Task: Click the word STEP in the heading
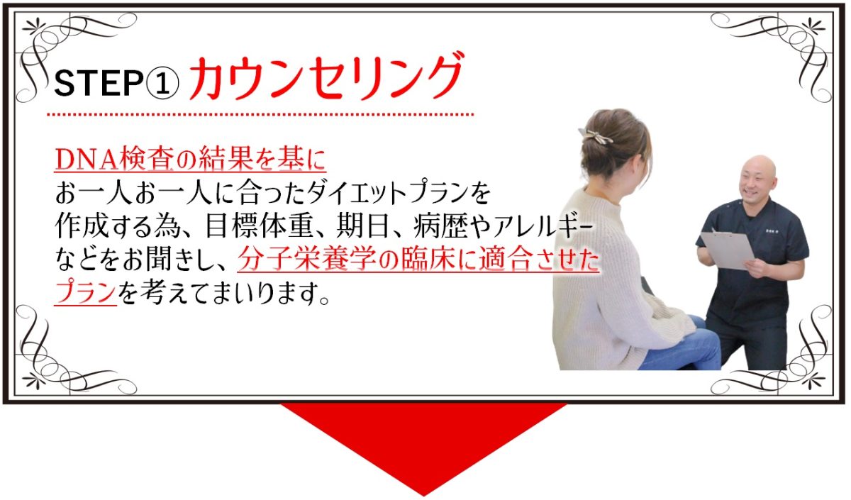click(98, 83)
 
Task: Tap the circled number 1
click(162, 83)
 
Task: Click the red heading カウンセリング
click(326, 77)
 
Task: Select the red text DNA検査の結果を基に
click(190, 158)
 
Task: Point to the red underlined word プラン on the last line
click(85, 292)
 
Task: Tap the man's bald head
click(757, 167)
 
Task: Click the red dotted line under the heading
click(260, 114)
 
